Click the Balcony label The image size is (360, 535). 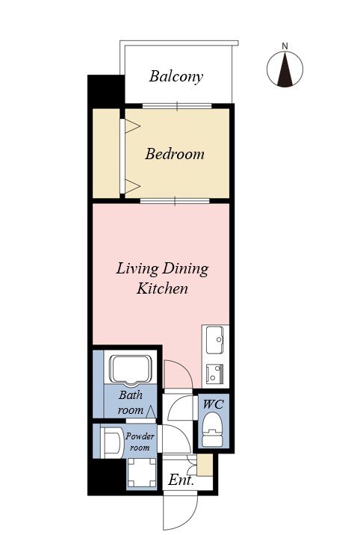[x=176, y=76]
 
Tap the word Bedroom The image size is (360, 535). [x=175, y=154]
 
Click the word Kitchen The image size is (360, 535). [x=162, y=288]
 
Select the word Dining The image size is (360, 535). [x=185, y=269]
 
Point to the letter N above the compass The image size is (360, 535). [x=285, y=46]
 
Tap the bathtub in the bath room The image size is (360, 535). [x=130, y=370]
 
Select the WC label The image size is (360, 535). [x=213, y=404]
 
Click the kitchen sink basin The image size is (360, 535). [x=215, y=340]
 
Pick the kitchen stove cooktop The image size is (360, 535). [x=215, y=374]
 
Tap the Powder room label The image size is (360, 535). [x=140, y=442]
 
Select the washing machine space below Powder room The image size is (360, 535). [x=141, y=473]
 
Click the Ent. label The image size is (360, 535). [x=181, y=480]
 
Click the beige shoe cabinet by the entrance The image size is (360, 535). [x=205, y=465]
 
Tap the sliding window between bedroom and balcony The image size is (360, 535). [x=177, y=106]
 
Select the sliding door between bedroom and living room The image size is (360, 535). [x=175, y=201]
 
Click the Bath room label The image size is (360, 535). [x=131, y=403]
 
